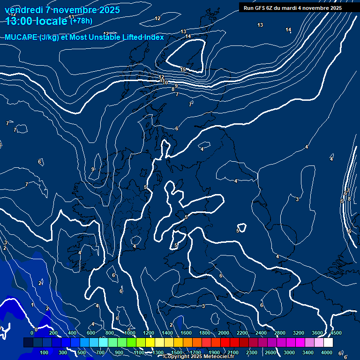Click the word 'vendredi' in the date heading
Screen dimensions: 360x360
point(23,10)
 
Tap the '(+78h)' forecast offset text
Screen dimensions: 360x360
point(81,21)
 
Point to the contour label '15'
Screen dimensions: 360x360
point(183,70)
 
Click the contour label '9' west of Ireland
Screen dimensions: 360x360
point(93,169)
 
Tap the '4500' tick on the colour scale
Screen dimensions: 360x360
point(336,333)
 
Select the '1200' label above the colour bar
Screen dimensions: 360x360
point(149,333)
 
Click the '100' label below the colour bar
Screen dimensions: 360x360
point(45,352)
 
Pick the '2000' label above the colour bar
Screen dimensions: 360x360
point(224,333)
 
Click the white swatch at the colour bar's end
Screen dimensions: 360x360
point(328,343)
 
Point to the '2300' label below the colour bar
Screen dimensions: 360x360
point(251,352)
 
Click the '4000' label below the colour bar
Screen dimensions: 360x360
point(326,352)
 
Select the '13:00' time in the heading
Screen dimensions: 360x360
point(19,21)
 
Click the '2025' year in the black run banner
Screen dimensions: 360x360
point(335,8)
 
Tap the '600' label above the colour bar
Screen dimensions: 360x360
point(91,333)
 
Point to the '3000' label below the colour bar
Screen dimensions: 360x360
point(289,352)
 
